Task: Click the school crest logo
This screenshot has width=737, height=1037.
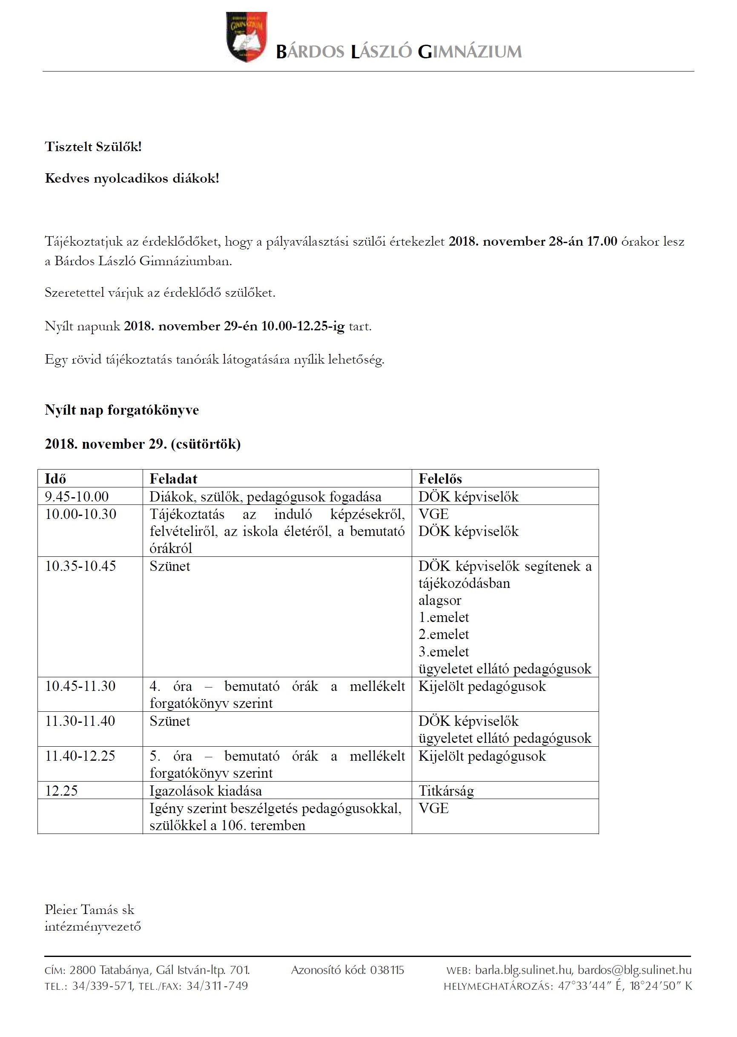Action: (247, 37)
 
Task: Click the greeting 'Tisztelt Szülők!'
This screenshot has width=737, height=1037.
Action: (93, 146)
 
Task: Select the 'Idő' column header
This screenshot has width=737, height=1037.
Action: (55, 478)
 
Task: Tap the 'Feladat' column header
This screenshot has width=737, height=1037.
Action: (173, 478)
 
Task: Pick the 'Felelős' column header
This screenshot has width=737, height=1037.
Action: (440, 478)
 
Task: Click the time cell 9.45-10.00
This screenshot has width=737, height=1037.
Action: (77, 496)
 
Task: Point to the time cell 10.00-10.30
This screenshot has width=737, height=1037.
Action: (80, 514)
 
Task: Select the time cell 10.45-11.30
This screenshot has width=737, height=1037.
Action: (80, 686)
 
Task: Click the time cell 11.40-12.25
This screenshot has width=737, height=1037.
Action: (80, 756)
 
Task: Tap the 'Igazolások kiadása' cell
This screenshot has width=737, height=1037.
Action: (206, 791)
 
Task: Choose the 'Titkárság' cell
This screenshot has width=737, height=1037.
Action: (446, 791)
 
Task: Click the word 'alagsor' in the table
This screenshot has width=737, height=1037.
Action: (439, 600)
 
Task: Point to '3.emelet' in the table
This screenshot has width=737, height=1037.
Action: (443, 651)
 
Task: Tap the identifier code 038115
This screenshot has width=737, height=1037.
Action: (387, 970)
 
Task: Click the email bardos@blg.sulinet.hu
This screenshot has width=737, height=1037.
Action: (634, 970)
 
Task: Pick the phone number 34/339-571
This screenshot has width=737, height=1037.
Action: (102, 986)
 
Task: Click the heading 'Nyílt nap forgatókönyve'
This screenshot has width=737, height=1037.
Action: (122, 410)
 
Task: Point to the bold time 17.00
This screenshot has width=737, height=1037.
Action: (602, 241)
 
